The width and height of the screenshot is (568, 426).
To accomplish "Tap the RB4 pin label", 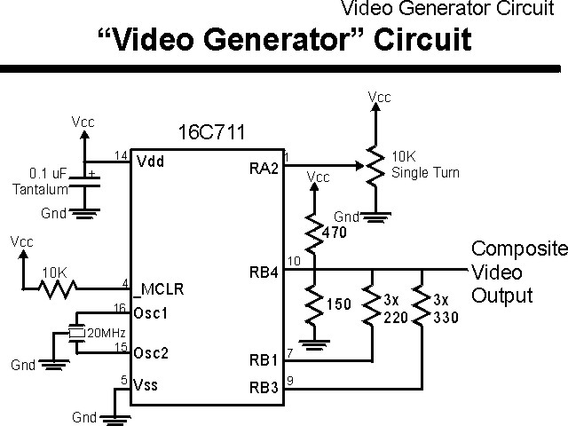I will (264, 272).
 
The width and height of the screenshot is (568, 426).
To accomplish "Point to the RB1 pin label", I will (264, 361).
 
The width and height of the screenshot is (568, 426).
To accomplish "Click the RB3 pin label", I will (264, 387).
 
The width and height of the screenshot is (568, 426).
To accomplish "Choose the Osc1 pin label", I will (150, 314).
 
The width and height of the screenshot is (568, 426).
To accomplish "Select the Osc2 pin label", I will (150, 351).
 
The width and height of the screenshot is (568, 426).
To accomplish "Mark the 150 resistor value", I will (338, 304).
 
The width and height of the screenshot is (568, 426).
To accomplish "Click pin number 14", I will (122, 156).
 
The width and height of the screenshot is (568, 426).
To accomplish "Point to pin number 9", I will (292, 381).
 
